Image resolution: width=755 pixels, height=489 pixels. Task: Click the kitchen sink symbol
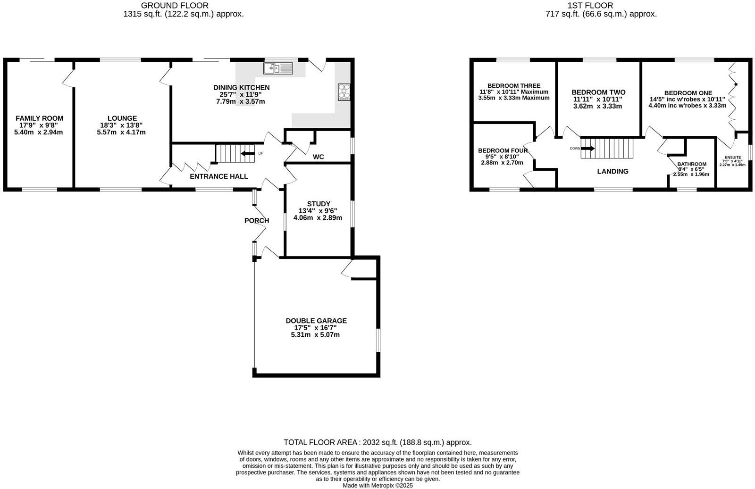(278, 69)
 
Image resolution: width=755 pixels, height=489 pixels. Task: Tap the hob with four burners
(344, 92)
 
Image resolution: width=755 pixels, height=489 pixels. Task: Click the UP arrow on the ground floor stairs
(246, 153)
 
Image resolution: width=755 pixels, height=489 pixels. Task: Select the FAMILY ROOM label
(39, 118)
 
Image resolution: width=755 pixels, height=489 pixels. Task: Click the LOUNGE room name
(122, 118)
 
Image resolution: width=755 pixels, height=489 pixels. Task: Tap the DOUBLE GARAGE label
(316, 321)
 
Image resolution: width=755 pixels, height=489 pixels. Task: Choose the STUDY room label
(318, 204)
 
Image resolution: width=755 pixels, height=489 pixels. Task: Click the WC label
(319, 157)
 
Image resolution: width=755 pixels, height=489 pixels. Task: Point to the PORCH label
(257, 220)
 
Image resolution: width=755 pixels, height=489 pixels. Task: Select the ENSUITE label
(733, 157)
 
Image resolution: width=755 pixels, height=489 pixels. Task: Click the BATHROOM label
(692, 164)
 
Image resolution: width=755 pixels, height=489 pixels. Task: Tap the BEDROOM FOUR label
(503, 151)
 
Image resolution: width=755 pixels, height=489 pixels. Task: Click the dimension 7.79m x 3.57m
(240, 101)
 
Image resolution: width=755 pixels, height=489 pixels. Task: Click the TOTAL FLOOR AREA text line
(377, 442)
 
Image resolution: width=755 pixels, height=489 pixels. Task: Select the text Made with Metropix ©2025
(377, 485)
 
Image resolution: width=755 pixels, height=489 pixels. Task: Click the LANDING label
(612, 171)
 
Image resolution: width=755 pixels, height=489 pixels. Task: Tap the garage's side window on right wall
(377, 340)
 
